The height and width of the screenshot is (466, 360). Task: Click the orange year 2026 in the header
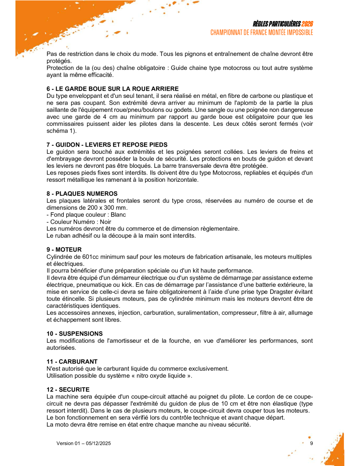[x=307, y=24]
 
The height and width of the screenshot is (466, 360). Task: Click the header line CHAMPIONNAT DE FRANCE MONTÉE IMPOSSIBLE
[x=261, y=33]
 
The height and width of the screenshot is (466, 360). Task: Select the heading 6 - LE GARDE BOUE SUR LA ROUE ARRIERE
[x=112, y=89]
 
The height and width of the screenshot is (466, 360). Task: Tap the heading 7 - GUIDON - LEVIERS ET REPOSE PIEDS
[x=107, y=145]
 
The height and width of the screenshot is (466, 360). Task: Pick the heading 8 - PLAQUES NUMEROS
[x=82, y=194]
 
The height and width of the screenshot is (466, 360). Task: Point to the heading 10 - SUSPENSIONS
[x=75, y=334]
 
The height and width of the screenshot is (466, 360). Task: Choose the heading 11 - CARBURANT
[x=72, y=362]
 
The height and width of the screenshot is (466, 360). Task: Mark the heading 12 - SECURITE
[x=68, y=390]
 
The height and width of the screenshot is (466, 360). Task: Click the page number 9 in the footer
[x=311, y=443]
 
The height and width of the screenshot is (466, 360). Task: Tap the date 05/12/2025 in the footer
[x=98, y=443]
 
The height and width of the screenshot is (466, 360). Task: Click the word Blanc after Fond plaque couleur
[x=118, y=215]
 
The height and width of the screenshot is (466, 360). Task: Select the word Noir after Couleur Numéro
[x=105, y=222]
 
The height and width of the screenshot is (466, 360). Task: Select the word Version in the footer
[x=65, y=443]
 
